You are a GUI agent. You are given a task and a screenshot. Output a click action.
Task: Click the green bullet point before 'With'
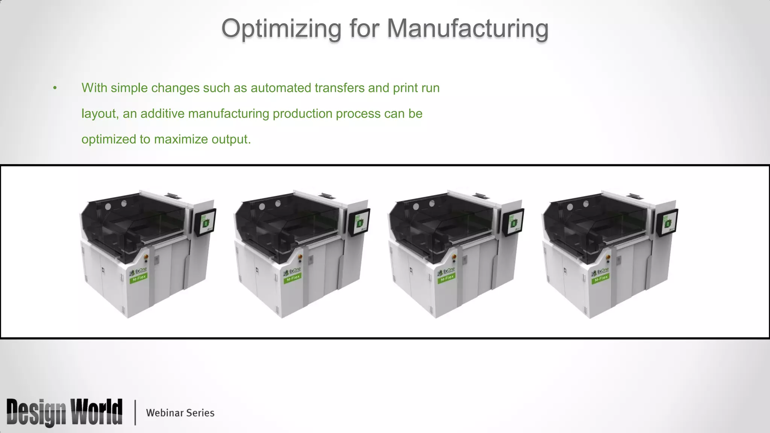pos(55,88)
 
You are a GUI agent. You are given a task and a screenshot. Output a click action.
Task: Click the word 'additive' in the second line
pos(162,114)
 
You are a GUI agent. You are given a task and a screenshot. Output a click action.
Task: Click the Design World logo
pos(64,412)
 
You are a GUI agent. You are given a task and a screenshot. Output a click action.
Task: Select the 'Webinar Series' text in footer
pos(180,413)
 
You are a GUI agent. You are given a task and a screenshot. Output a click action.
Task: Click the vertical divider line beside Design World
pos(135,413)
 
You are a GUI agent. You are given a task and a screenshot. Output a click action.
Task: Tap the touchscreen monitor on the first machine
pos(205,222)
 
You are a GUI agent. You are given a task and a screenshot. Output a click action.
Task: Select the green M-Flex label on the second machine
pos(293,278)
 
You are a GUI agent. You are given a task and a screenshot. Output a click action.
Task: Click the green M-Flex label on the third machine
pos(447,278)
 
